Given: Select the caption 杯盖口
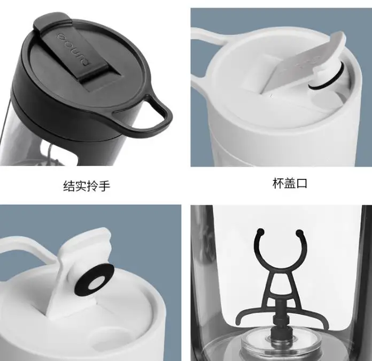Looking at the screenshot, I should tap(290, 184).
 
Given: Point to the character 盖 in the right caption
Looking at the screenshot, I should tap(290, 184).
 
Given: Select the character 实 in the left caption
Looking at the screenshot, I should tap(81, 186).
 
